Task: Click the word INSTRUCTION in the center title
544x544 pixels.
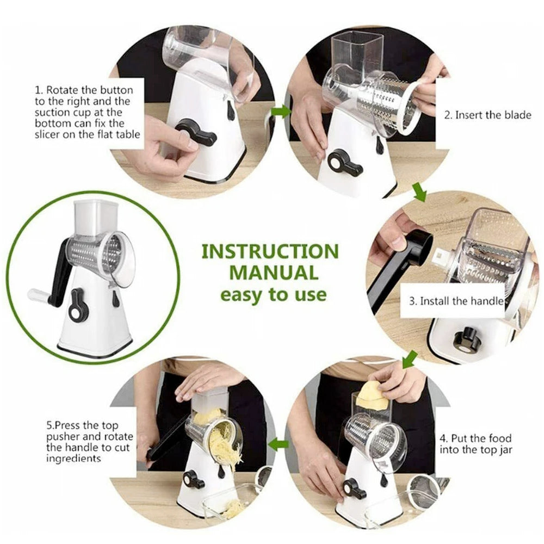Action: (x=270, y=252)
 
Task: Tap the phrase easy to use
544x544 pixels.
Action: (x=273, y=295)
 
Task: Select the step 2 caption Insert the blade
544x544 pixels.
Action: (x=487, y=115)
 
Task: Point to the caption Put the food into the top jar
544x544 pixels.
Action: (x=475, y=443)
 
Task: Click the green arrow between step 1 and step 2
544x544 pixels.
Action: (x=281, y=111)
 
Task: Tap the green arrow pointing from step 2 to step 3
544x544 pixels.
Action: (x=419, y=191)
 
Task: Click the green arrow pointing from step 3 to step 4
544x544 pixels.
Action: (x=409, y=359)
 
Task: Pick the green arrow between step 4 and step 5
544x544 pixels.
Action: (x=281, y=444)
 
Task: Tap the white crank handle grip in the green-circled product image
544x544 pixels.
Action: (x=39, y=295)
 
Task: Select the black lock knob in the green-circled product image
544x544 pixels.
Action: (x=79, y=305)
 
